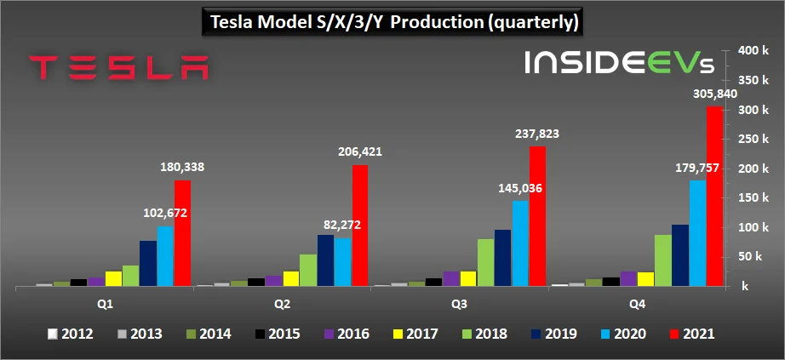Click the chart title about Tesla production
(x=392, y=22)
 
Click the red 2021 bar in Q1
(x=182, y=233)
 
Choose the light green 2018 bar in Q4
(x=662, y=260)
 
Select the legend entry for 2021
(x=690, y=334)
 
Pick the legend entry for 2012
(x=72, y=334)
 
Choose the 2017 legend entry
(x=415, y=334)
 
